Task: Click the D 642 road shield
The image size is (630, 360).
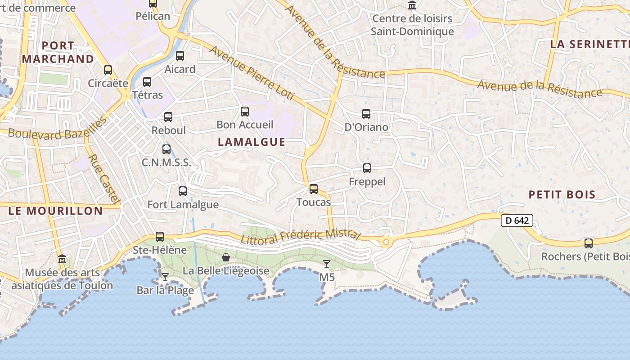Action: [517, 220]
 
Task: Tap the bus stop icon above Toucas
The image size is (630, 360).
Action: [314, 189]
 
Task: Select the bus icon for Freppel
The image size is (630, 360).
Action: [367, 168]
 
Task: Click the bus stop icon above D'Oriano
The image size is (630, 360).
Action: [366, 113]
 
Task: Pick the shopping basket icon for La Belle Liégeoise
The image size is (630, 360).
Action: [226, 257]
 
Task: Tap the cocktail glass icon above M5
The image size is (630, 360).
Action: [327, 264]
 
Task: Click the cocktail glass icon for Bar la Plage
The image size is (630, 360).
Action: [165, 277]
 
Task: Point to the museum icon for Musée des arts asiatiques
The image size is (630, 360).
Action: [62, 259]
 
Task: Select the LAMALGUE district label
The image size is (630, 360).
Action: [252, 142]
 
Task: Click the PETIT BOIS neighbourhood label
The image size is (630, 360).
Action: [562, 194]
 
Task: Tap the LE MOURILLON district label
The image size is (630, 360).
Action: [56, 211]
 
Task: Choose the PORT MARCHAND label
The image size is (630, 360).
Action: [58, 52]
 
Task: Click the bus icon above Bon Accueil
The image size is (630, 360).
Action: [245, 111]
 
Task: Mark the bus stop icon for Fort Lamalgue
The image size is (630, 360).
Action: [183, 191]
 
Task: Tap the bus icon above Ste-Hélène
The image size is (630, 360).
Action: [160, 236]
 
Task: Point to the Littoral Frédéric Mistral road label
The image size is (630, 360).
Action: [301, 236]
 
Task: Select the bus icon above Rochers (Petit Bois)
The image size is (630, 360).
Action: [589, 243]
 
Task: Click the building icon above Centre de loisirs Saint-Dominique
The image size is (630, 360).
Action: [412, 5]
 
